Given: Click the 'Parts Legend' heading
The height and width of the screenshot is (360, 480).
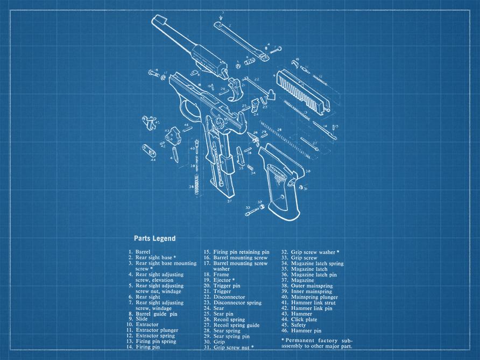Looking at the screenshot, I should (154, 238).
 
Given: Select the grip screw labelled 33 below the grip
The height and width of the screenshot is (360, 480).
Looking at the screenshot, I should (252, 212).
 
